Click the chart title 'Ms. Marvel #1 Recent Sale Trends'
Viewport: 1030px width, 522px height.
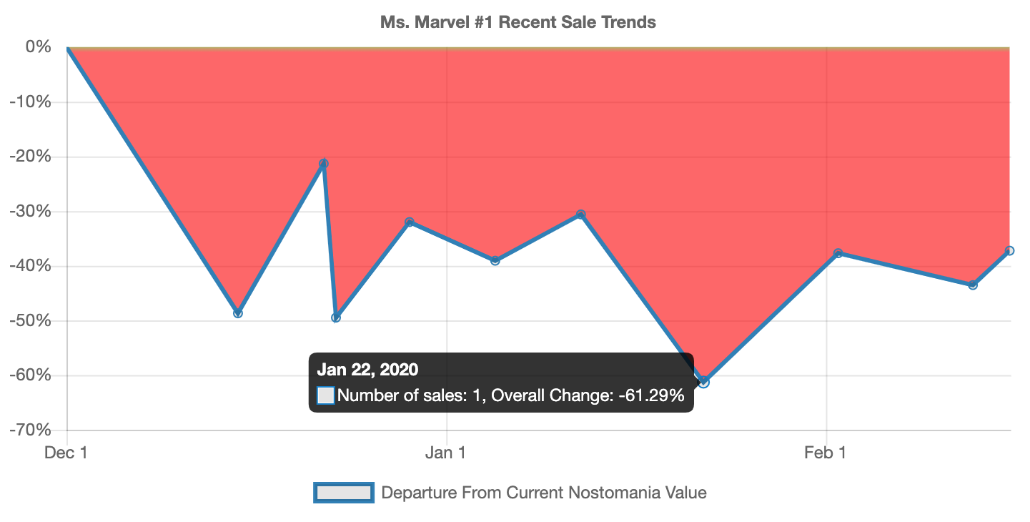click(x=518, y=22)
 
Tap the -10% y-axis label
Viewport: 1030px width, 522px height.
click(x=30, y=102)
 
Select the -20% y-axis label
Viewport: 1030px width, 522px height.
click(x=30, y=157)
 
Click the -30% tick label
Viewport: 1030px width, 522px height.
click(x=30, y=212)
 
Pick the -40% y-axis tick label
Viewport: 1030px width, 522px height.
click(x=30, y=266)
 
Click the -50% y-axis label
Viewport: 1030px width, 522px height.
click(x=30, y=321)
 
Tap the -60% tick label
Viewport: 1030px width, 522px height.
click(x=30, y=375)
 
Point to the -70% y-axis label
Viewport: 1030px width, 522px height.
click(x=30, y=430)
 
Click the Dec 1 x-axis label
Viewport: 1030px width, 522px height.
click(x=66, y=453)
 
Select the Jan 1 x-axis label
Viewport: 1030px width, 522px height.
click(x=446, y=453)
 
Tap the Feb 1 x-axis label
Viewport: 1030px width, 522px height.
click(x=826, y=453)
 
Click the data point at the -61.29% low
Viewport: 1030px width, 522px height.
click(x=704, y=382)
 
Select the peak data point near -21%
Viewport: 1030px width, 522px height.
click(x=324, y=164)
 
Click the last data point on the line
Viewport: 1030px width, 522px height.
click(x=1009, y=251)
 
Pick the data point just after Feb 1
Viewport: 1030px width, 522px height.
click(x=838, y=253)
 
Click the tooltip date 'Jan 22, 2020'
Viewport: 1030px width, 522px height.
click(x=367, y=369)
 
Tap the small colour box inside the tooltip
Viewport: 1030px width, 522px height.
click(x=326, y=395)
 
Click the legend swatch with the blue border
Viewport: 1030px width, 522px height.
click(x=344, y=493)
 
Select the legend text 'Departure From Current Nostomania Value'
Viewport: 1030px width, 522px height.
click(x=544, y=493)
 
